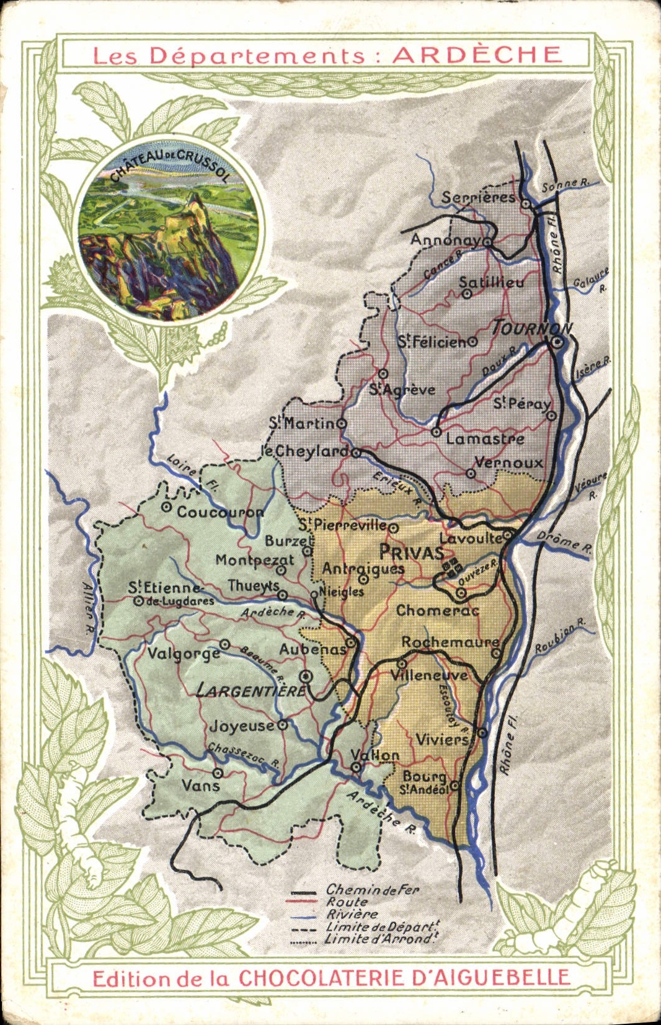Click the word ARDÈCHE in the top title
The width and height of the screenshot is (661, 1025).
[x=477, y=55]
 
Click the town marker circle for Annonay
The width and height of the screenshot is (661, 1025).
[x=488, y=240]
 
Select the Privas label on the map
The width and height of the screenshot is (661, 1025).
[x=411, y=552]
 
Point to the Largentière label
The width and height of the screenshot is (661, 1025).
[x=251, y=690]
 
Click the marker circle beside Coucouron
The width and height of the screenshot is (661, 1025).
[x=166, y=507]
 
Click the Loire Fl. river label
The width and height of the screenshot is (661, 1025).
[x=192, y=474]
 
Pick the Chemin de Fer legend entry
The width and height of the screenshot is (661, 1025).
[x=372, y=890]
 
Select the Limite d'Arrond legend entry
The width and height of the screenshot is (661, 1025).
[x=379, y=939]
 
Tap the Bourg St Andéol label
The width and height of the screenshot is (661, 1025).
[x=425, y=783]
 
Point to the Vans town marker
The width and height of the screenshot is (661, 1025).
[x=218, y=773]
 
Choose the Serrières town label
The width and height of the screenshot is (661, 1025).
[x=478, y=197]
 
